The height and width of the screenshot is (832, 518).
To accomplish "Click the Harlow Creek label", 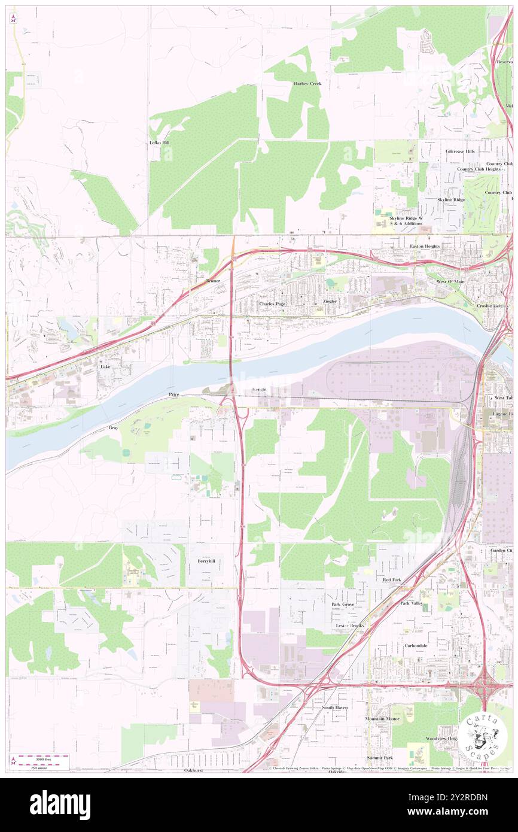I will click(x=307, y=84).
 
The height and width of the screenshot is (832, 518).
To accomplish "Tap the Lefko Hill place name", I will click(x=159, y=143).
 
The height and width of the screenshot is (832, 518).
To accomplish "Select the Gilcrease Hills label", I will click(x=460, y=151).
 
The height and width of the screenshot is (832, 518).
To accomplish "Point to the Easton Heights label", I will click(x=425, y=246).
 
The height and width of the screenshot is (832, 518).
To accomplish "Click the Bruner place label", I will click(x=213, y=281).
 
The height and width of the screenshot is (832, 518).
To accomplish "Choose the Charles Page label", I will click(x=272, y=304).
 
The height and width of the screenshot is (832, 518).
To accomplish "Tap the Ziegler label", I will click(x=330, y=301).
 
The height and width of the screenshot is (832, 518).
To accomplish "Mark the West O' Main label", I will click(x=450, y=281).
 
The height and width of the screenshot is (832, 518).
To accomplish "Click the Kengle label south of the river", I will click(x=260, y=390).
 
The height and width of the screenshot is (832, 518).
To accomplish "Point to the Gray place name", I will click(x=114, y=428).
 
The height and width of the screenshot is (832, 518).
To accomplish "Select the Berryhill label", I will click(x=206, y=561).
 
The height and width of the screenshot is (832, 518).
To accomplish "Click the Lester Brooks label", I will click(x=349, y=625).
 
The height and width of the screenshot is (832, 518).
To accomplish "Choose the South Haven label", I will click(x=334, y=707).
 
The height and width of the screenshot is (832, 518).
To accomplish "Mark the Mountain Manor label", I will click(x=382, y=718).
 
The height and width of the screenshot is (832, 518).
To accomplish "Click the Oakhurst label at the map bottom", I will click(x=194, y=770).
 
